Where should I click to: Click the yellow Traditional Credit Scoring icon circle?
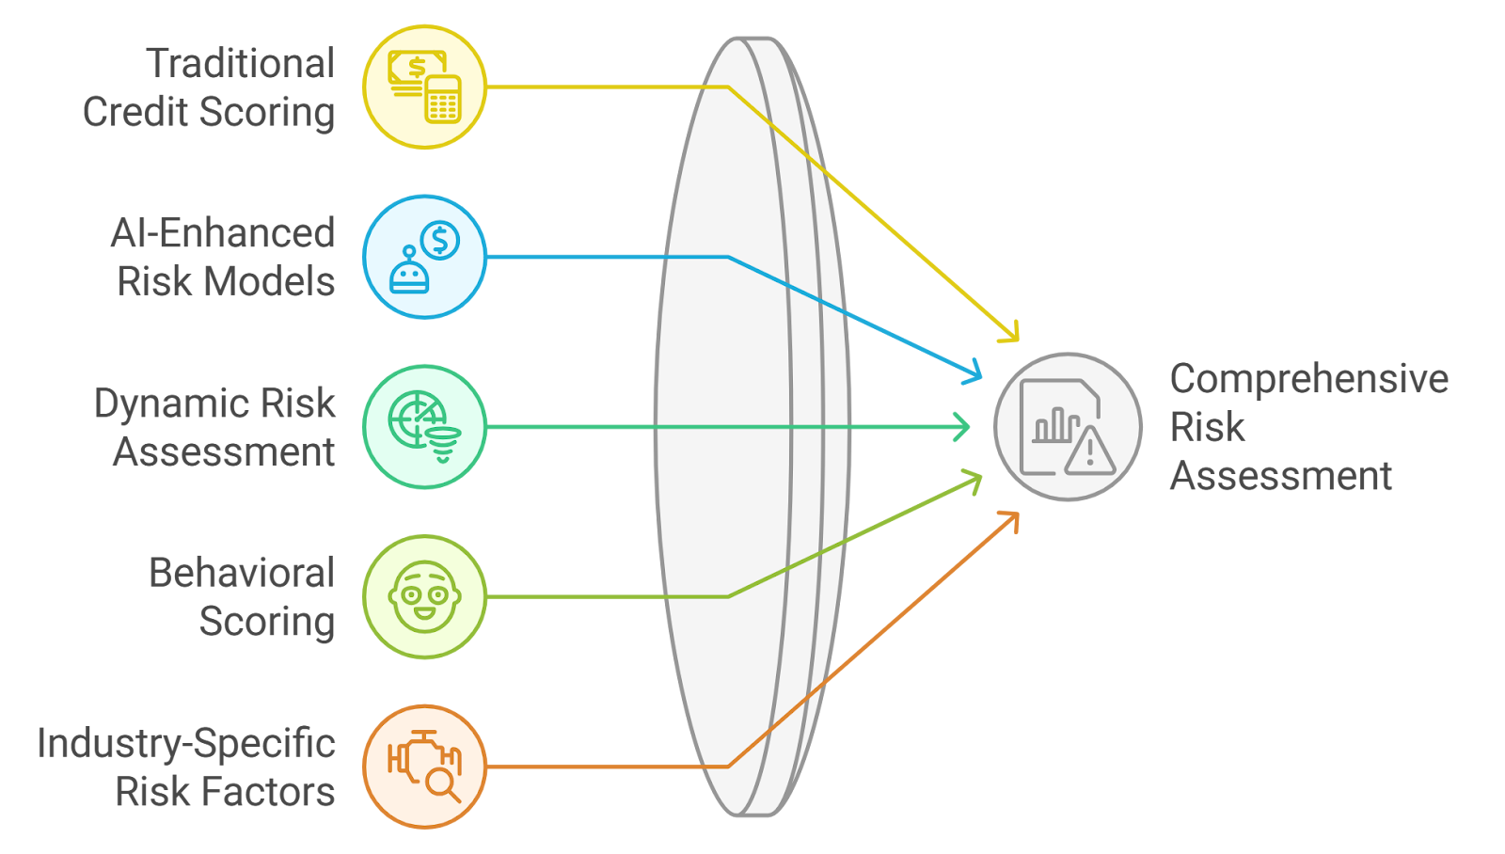coord(424,87)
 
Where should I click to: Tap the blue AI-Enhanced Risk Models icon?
coord(424,257)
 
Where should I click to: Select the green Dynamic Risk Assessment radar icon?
coord(424,427)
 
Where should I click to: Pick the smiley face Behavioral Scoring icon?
coord(424,596)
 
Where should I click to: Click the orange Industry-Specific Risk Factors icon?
coord(424,767)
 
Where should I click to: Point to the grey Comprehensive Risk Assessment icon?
coord(1068,427)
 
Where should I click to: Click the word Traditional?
coord(240,64)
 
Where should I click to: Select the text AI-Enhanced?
coord(222,233)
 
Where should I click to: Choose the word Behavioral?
coord(241,573)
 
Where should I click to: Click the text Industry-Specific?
coord(185,743)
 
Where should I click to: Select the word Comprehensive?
coord(1308,379)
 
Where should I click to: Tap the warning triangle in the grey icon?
coord(1090,452)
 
